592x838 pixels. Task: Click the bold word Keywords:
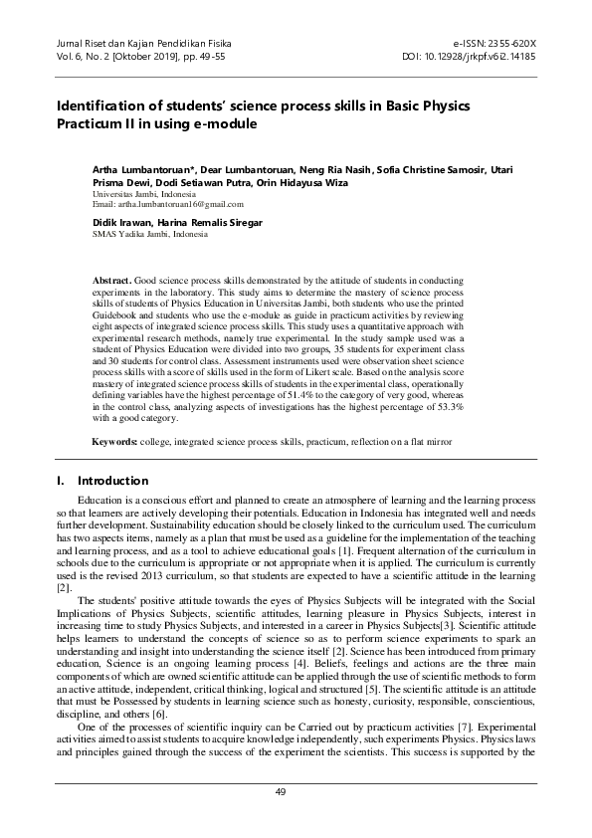[x=117, y=440]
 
